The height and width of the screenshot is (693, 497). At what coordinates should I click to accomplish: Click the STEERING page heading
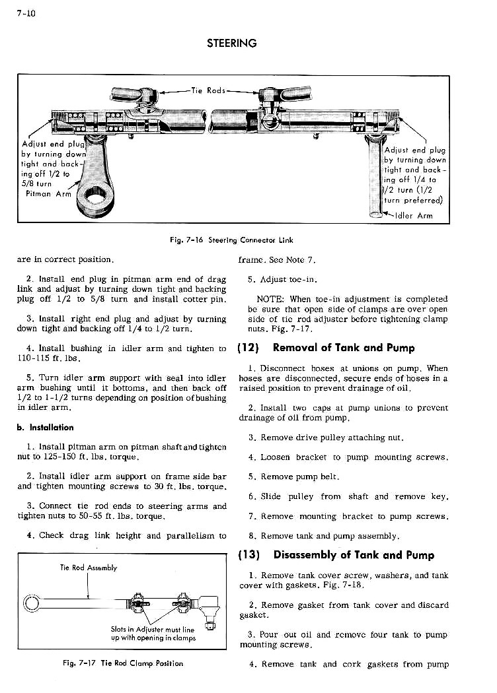(x=231, y=44)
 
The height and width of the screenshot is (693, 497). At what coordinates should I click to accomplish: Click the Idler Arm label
(x=414, y=215)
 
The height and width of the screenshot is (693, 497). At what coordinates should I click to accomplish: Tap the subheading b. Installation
(x=46, y=428)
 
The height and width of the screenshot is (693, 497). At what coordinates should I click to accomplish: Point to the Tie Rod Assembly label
(x=88, y=568)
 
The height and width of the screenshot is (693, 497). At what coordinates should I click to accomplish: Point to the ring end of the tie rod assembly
(x=30, y=603)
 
